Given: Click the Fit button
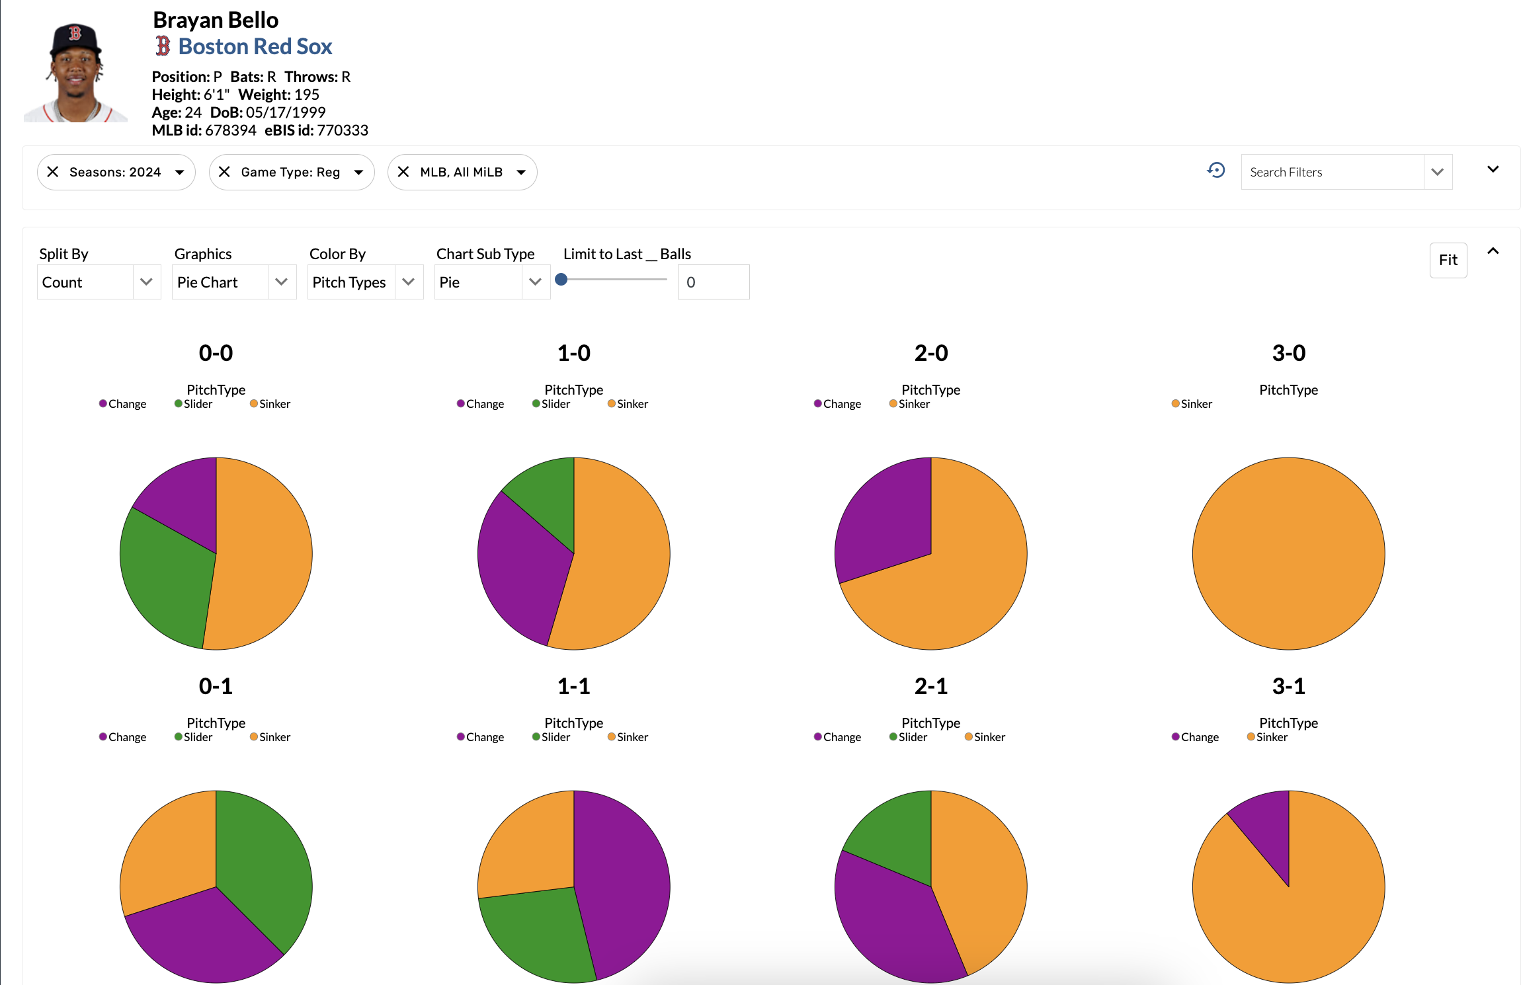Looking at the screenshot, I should click(x=1448, y=260).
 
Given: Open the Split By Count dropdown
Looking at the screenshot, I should click(x=99, y=282).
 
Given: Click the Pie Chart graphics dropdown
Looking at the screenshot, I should click(x=233, y=282).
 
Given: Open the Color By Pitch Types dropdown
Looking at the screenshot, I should click(x=364, y=282).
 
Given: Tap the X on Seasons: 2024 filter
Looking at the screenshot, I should click(x=54, y=172).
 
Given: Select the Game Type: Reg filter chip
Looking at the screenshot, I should click(x=291, y=172).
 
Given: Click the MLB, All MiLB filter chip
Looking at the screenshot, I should click(x=462, y=172).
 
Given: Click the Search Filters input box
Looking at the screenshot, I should click(x=1331, y=172).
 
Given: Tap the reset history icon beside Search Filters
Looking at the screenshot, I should click(x=1215, y=171).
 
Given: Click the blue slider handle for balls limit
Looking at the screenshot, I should click(x=561, y=280).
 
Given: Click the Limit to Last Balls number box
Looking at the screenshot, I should click(x=713, y=282).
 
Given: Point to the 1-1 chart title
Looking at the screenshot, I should click(x=573, y=686).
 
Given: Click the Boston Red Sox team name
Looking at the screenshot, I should click(x=255, y=47).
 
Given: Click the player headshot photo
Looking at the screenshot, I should click(x=75, y=73).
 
